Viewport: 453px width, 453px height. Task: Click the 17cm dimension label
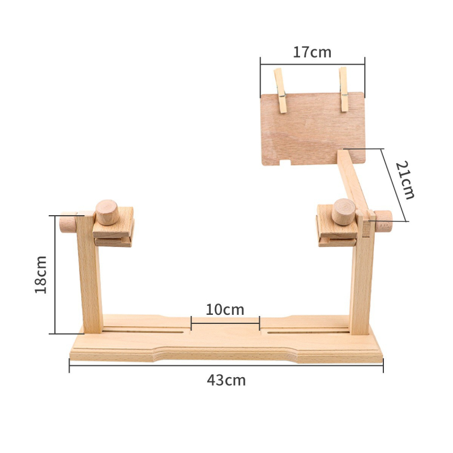[312, 52]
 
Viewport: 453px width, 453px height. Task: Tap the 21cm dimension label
[405, 180]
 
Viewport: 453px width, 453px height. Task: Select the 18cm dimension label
[41, 275]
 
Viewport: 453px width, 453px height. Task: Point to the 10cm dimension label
[225, 310]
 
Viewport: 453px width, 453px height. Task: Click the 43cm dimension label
[226, 380]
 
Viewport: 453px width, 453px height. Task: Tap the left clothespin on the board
[280, 91]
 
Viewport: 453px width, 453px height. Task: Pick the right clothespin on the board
[344, 89]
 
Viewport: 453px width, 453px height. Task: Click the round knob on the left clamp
[107, 212]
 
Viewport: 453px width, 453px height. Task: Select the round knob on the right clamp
[344, 212]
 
